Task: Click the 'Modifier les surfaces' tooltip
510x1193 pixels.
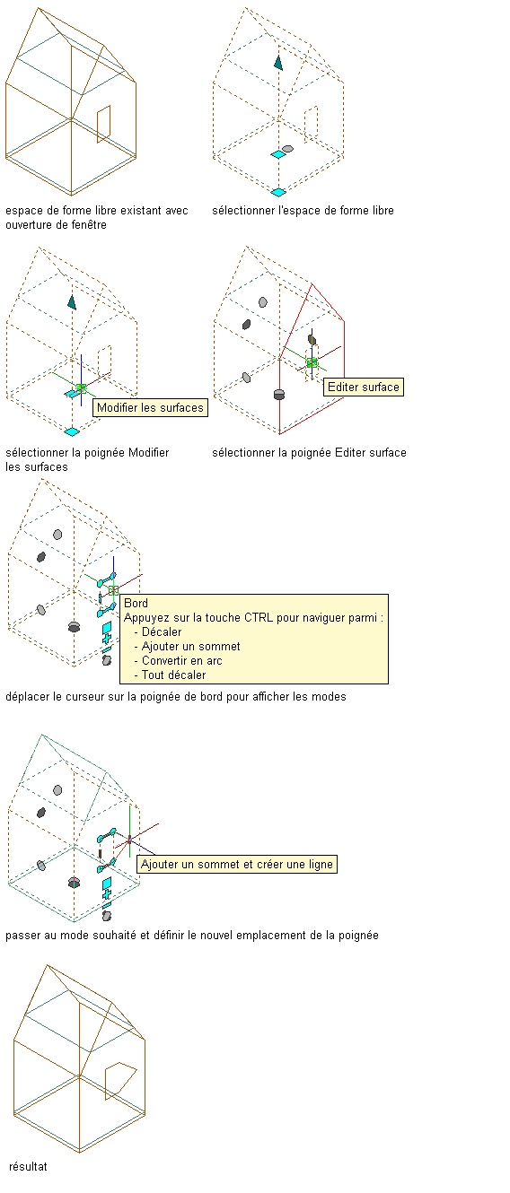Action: (150, 407)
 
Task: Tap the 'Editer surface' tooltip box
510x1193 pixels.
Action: (364, 387)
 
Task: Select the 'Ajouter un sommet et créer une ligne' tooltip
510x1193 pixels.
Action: (237, 864)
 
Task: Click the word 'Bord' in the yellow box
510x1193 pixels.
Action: (136, 603)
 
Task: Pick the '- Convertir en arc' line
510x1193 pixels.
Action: (178, 660)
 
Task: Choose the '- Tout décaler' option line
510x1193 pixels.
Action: (170, 675)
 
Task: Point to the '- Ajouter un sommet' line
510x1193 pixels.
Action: (187, 646)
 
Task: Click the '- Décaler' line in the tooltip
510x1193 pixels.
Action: (158, 631)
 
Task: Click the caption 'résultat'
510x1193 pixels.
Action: (28, 1166)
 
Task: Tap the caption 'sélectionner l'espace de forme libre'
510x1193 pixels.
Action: (303, 211)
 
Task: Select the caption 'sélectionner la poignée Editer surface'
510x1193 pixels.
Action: (309, 453)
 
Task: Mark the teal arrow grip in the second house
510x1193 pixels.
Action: (278, 63)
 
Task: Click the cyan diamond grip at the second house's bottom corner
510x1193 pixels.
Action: (278, 192)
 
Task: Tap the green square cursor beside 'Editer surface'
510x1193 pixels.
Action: (312, 362)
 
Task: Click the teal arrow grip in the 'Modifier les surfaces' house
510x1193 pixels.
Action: (72, 302)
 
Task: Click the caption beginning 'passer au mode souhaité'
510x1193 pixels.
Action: (192, 936)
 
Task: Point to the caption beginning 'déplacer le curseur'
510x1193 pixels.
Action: (176, 697)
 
